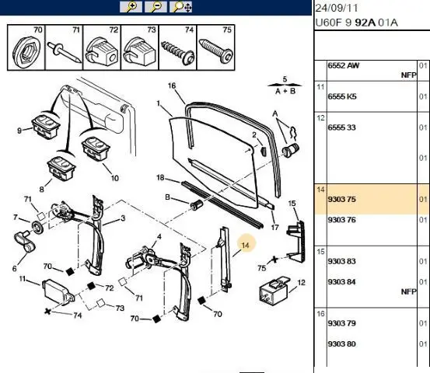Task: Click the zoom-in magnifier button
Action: (131, 7)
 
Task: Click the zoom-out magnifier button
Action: (156, 7)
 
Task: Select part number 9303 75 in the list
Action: (341, 199)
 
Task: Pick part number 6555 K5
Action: (342, 96)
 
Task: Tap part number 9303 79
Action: (341, 323)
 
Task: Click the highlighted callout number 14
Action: (245, 245)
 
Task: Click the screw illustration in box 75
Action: (216, 49)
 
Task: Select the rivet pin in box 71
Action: (64, 52)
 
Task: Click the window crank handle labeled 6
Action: (24, 241)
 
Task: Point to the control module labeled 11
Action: (58, 291)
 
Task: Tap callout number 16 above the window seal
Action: (172, 85)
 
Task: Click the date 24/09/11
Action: (337, 8)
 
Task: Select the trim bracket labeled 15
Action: (295, 242)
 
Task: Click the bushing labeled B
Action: (197, 204)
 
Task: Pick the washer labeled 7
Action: (38, 227)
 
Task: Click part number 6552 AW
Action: (344, 65)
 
